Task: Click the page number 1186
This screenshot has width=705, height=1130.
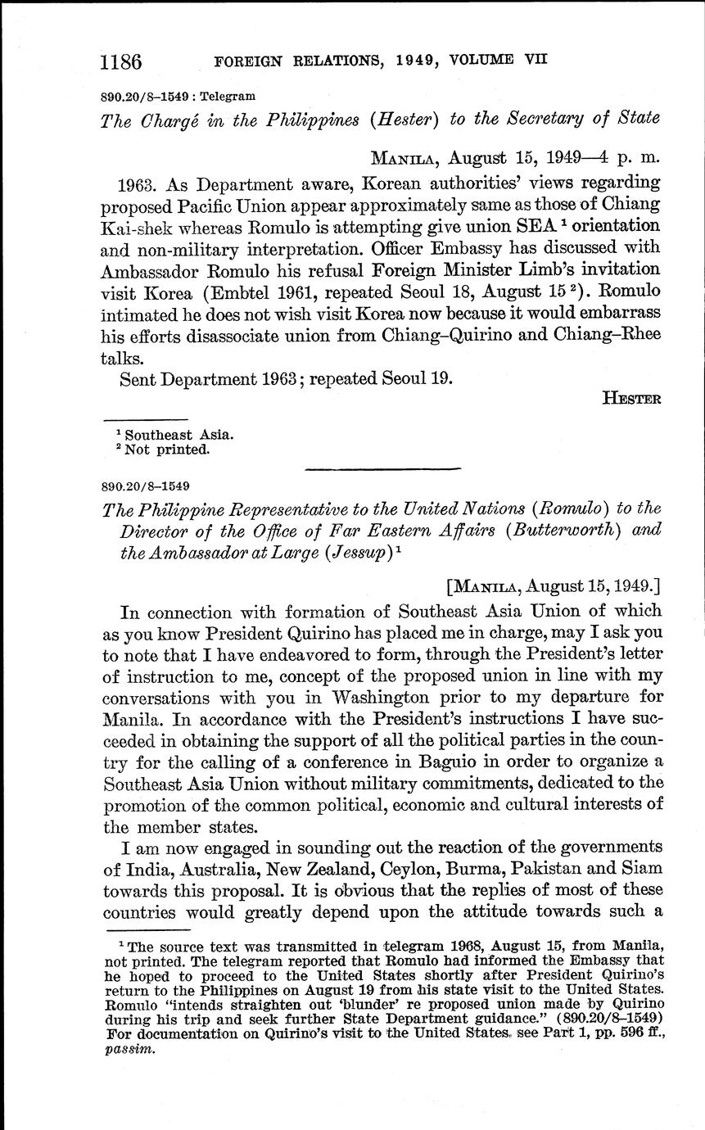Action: (121, 61)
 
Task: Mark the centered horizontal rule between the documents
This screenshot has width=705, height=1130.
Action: (382, 468)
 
